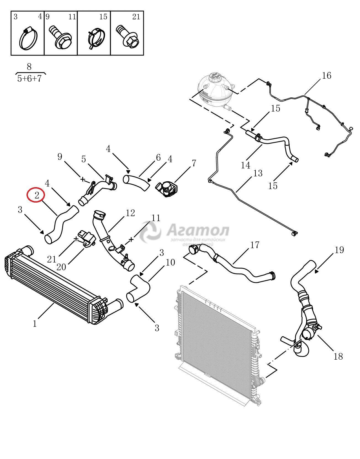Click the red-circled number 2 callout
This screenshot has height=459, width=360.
36,195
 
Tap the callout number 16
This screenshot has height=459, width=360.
326,75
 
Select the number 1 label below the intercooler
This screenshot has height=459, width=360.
35,323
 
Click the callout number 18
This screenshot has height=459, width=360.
338,356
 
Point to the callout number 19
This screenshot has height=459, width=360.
339,250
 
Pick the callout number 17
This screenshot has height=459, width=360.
255,245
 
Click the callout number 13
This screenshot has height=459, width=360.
258,173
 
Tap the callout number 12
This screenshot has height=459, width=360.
130,213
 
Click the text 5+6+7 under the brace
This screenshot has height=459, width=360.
29,79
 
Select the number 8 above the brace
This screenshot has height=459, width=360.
29,67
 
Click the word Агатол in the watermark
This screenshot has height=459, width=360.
198,230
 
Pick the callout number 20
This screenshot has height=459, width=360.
61,267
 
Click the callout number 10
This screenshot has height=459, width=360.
170,262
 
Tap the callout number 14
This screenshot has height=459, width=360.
245,165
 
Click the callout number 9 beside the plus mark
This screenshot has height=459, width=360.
60,157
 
